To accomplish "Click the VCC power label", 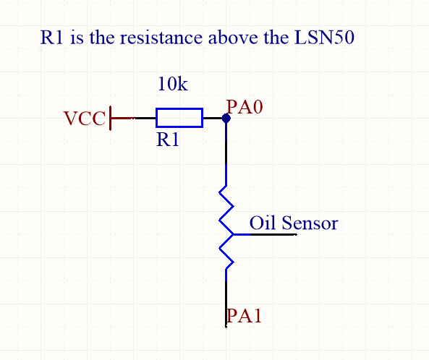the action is [85, 118].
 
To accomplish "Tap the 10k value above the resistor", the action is [173, 84].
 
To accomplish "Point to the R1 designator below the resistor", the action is [167, 140].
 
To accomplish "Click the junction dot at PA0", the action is [226, 119].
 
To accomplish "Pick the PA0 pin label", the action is [245, 106].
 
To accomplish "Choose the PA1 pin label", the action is [244, 316].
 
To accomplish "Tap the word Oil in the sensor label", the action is [262, 223].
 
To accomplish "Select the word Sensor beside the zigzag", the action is [310, 223].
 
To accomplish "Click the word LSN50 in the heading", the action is [324, 37].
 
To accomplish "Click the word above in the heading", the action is [233, 38].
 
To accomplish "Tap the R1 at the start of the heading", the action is [51, 37].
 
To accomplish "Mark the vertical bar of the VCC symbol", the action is [110, 118].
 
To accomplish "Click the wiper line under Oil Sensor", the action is [265, 234].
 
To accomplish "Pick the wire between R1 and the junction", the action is [214, 118].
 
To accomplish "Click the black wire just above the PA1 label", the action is [226, 304].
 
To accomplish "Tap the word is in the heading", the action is [77, 38].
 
